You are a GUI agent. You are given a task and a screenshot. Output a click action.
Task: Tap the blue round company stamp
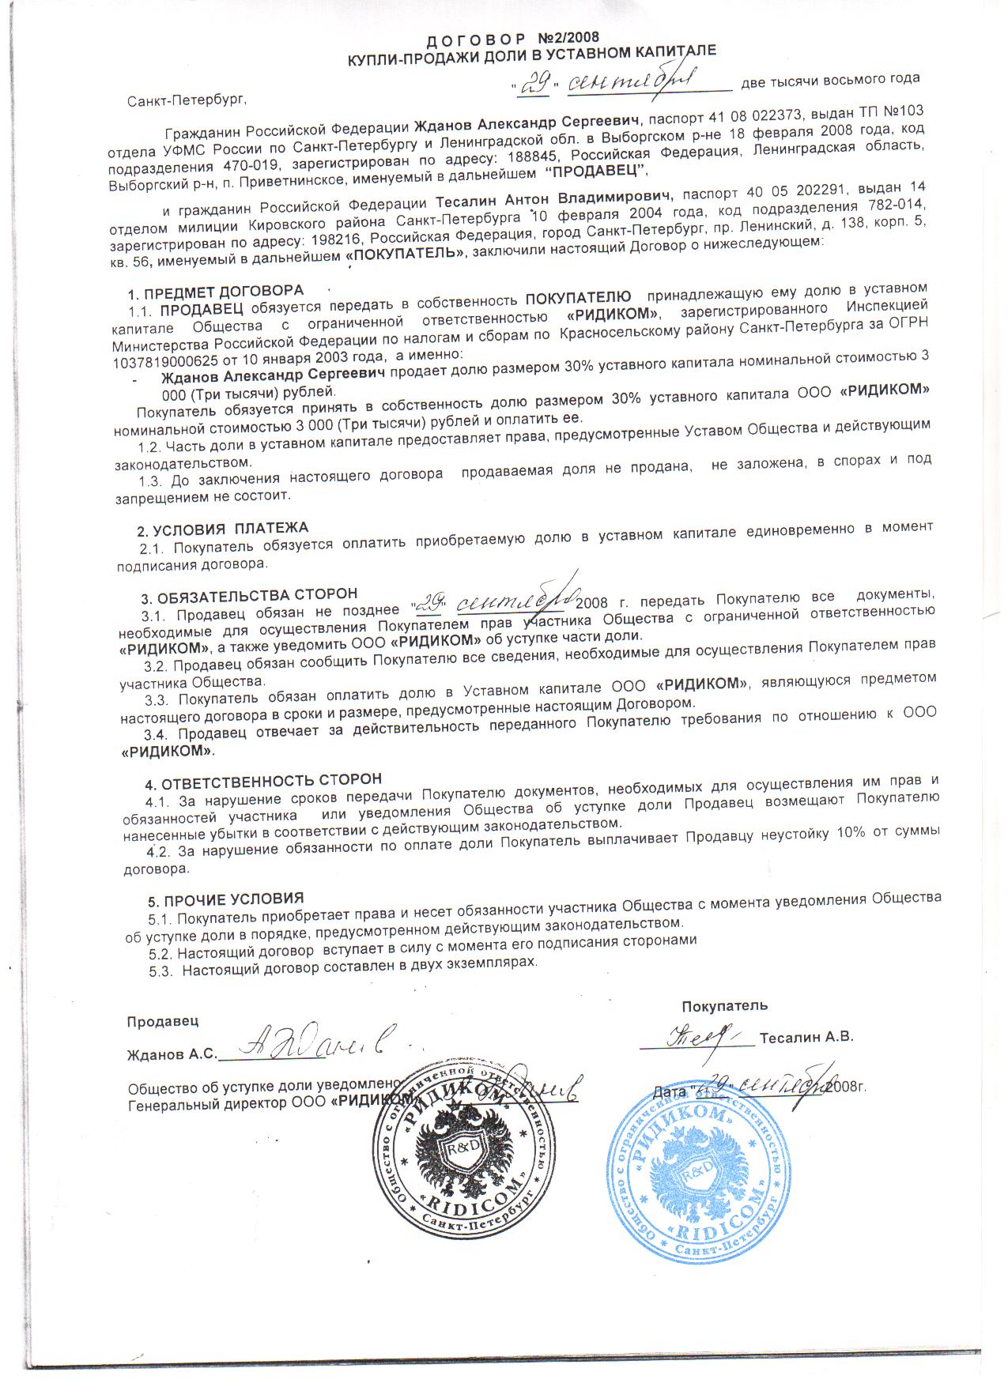[x=699, y=1172]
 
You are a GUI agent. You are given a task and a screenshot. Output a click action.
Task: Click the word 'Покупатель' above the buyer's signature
[x=724, y=1006]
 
